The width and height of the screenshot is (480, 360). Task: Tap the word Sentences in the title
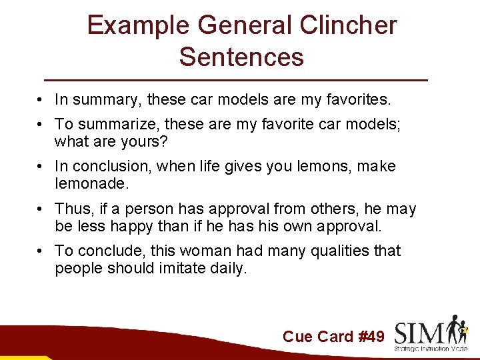[x=241, y=57]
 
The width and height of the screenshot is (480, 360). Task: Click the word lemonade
[x=89, y=183]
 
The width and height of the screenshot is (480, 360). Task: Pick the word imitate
[x=179, y=268]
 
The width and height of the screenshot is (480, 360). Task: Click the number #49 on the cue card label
[x=371, y=337]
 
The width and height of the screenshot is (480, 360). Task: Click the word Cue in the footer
[x=297, y=337]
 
